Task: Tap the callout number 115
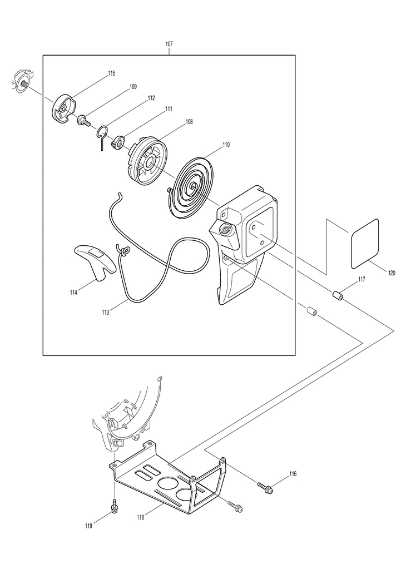[x=112, y=73]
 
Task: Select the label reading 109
[x=133, y=87]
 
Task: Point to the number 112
[x=151, y=98]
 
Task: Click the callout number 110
[x=225, y=145]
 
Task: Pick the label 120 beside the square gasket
[x=392, y=273]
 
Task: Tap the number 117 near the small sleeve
[x=362, y=279]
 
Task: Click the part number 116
[x=293, y=474]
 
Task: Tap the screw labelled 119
[x=115, y=508]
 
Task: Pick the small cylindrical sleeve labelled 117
[x=338, y=295]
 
